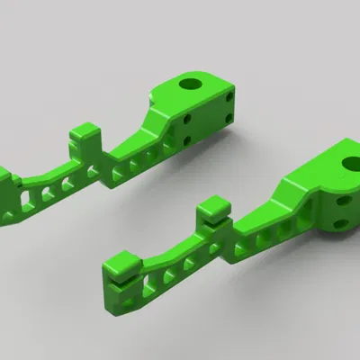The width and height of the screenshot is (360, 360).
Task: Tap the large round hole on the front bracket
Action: click(x=351, y=163)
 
